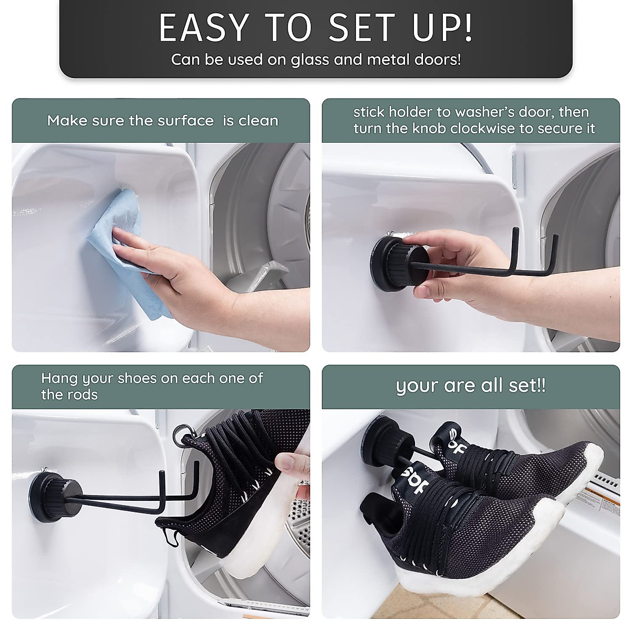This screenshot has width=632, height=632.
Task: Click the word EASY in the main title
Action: (x=204, y=27)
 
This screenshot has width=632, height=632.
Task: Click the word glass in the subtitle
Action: (x=310, y=60)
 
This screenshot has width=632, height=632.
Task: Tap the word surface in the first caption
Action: (x=185, y=121)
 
